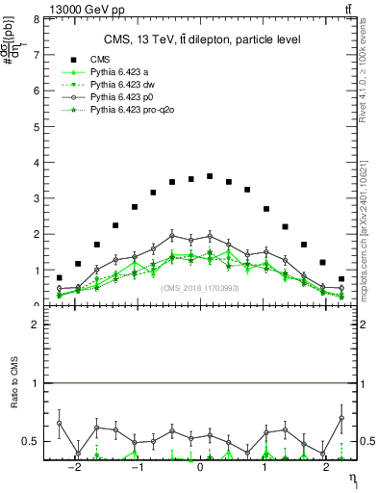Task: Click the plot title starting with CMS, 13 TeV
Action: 202,39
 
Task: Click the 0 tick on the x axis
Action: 200,467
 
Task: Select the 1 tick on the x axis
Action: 265,467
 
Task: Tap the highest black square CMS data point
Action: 210,176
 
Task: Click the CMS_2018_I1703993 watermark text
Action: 200,287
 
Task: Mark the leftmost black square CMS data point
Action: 59,277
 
